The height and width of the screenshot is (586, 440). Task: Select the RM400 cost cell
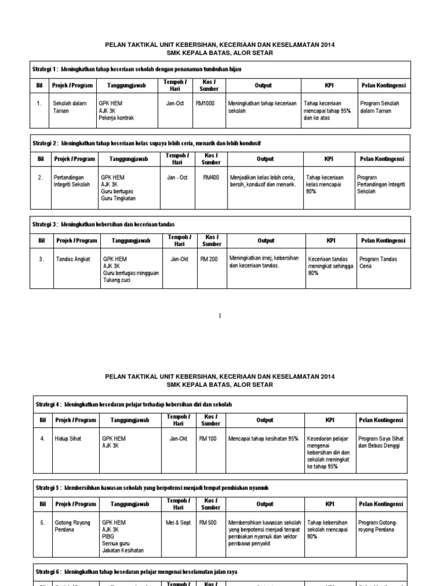pos(210,177)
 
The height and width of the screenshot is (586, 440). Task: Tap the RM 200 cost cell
pos(209,259)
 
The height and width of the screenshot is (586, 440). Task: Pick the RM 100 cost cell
pos(209,438)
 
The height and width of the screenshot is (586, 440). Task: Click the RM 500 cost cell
pos(209,522)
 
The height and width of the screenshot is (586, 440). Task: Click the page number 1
pos(219,316)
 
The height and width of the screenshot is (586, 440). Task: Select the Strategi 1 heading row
pos(137,69)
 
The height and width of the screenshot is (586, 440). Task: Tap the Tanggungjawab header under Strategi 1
pos(126,85)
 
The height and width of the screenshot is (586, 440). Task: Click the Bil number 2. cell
pos(41,177)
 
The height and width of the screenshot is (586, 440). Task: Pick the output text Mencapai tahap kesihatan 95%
pos(264,438)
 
